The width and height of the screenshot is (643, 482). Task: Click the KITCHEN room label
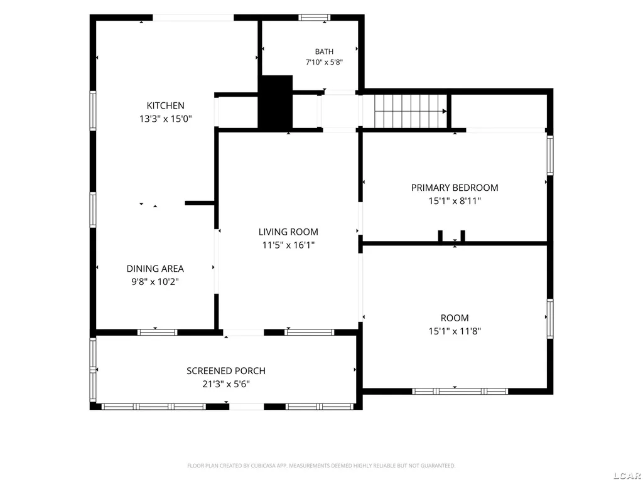pos(165,105)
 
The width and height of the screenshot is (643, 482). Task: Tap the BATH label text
pos(324,51)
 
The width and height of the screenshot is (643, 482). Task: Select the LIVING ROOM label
pos(288,232)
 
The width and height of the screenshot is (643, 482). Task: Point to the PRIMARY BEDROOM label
pos(455,187)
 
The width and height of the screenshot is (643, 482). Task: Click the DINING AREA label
pos(155,269)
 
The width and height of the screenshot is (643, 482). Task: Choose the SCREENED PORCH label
pos(226,370)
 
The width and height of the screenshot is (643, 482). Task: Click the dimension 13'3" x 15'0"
pos(165,119)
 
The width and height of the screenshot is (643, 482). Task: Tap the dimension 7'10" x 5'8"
pos(324,62)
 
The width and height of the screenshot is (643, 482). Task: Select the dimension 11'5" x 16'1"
pos(288,245)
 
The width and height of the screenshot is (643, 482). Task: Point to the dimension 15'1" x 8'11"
pos(455,201)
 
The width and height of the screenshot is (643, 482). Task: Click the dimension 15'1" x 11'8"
pos(455,331)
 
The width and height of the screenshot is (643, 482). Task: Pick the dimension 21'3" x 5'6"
pos(226,384)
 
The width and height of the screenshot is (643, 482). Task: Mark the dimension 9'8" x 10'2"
pos(155,282)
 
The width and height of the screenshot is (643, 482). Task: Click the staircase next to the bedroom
pos(411,112)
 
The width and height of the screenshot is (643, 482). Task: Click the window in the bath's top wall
pos(314,17)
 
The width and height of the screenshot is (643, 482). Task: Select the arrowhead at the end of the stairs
pos(445,111)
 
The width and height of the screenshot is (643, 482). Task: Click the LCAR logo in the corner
pos(628,476)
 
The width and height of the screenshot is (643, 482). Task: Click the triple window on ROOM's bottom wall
pos(460,392)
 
